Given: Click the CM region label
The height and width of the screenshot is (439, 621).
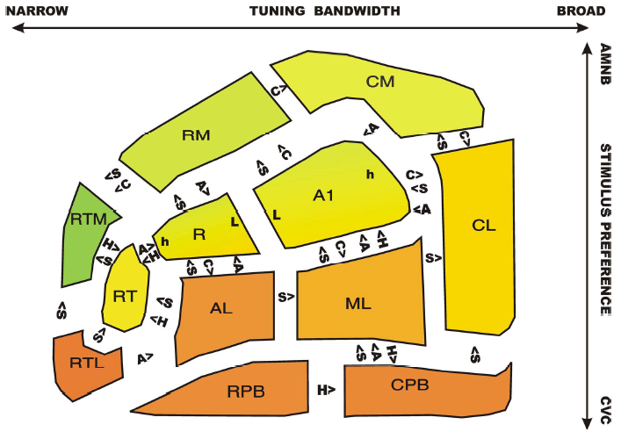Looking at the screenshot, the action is (x=380, y=82).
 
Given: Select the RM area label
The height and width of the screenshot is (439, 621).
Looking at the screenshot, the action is (x=196, y=135).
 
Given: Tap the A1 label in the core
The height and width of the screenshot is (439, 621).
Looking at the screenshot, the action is (x=323, y=195).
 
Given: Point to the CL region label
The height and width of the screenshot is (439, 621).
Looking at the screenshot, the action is (x=484, y=226).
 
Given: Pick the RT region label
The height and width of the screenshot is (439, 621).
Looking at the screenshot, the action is (x=125, y=296).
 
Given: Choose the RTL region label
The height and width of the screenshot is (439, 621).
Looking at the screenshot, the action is (x=87, y=363).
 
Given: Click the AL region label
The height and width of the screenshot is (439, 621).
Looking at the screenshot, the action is (x=221, y=308).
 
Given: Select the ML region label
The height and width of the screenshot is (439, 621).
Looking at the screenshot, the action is (x=358, y=304).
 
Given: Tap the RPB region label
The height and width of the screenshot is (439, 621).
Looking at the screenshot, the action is (x=246, y=392).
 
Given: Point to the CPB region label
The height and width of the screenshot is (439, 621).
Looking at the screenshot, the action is (x=409, y=385).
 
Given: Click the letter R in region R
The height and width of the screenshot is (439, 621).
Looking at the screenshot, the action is (x=199, y=234).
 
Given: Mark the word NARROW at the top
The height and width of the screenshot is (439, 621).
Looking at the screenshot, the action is (x=37, y=11).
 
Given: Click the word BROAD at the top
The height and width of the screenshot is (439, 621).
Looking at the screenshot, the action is (x=581, y=11).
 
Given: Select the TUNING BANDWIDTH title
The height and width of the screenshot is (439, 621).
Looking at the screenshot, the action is (x=324, y=11).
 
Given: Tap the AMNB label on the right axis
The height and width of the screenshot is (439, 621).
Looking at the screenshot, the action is (x=605, y=64).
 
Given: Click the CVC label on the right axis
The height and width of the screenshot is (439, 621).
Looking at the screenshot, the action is (x=605, y=410).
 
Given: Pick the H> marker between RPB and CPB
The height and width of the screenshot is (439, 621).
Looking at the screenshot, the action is (x=327, y=391).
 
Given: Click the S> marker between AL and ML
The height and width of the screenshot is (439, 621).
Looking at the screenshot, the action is (x=286, y=297).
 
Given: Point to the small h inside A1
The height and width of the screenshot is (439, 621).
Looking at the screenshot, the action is (x=370, y=174).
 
